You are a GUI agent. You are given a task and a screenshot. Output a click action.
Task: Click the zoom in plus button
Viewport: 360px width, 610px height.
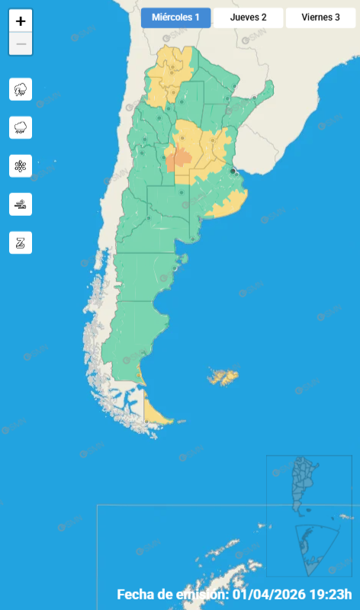click(21, 21)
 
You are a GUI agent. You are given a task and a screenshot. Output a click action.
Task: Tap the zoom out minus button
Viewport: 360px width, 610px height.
click(21, 44)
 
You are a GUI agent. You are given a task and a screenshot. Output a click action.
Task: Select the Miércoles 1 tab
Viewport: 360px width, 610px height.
click(175, 18)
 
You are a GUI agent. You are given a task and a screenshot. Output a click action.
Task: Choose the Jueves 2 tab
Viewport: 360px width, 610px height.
click(248, 18)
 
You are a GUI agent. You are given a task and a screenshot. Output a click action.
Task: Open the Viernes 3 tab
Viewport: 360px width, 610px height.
click(320, 18)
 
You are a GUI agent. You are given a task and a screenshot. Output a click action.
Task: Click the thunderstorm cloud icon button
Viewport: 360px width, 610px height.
click(21, 89)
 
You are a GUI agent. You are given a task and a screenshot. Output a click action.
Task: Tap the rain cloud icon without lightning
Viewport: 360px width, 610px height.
click(21, 127)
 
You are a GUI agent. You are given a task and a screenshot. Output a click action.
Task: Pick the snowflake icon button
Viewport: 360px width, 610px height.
click(21, 165)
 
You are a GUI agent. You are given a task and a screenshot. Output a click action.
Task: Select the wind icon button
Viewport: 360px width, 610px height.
click(21, 204)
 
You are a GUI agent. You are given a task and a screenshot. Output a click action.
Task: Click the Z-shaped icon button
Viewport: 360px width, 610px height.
click(21, 242)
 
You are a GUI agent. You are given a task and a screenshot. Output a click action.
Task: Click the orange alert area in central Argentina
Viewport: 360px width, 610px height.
click(182, 158)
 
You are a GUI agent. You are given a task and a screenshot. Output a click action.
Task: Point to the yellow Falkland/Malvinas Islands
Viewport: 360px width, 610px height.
click(225, 377)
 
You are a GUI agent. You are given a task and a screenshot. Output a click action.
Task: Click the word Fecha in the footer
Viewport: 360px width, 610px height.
click(136, 595)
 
